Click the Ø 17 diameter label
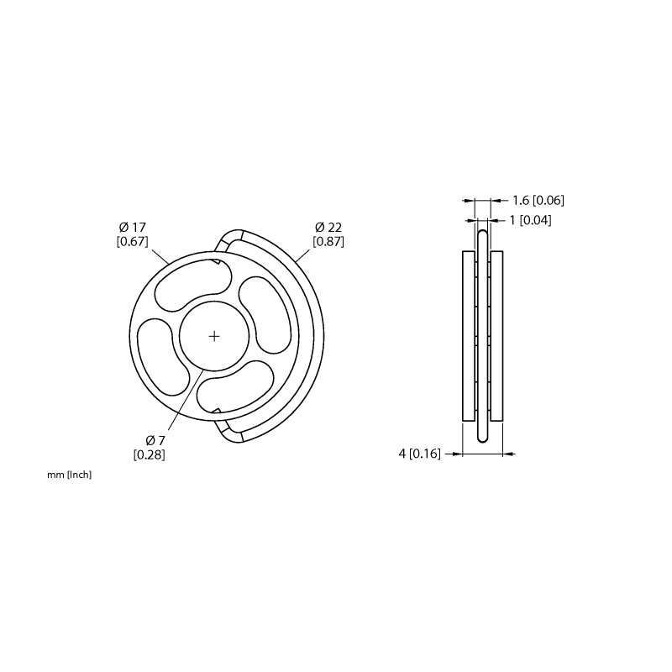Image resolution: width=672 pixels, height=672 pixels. [x=133, y=227]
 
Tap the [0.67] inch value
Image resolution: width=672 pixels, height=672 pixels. [x=133, y=241]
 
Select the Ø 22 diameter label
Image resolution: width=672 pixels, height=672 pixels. [x=328, y=227]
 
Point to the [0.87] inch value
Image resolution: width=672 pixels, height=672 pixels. [x=328, y=241]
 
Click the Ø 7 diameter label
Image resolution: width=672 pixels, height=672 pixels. [x=155, y=440]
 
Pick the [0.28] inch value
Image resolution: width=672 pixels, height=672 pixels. [x=150, y=454]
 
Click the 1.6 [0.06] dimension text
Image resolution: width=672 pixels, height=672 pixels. [x=538, y=200]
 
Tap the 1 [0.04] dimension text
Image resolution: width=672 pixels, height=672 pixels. [x=530, y=220]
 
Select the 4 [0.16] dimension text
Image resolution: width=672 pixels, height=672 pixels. [x=419, y=454]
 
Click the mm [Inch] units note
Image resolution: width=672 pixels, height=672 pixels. [x=70, y=475]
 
